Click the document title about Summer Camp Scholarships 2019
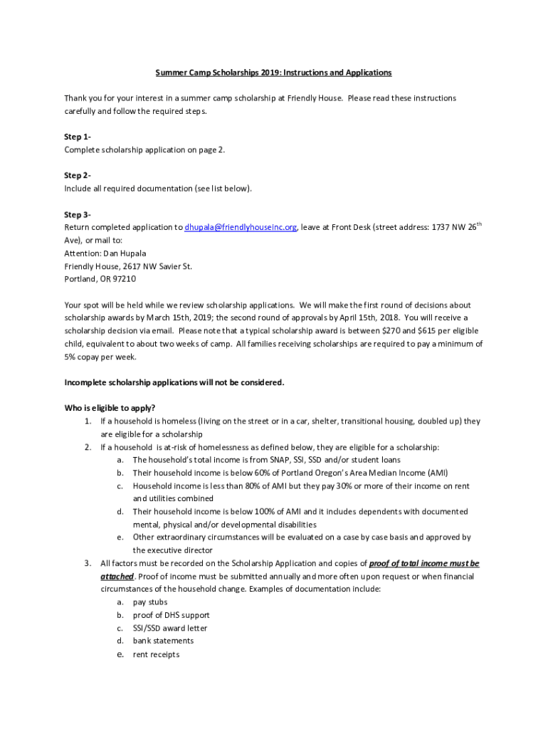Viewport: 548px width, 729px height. (x=274, y=73)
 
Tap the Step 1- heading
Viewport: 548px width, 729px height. (x=77, y=137)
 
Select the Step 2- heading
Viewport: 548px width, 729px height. (x=77, y=176)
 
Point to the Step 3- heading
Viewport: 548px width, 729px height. (x=77, y=214)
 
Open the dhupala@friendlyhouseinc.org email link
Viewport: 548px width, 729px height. (x=241, y=228)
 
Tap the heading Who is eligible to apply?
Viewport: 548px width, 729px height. (x=110, y=408)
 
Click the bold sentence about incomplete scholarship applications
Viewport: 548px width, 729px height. (x=174, y=382)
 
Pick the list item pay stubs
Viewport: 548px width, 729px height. (x=150, y=602)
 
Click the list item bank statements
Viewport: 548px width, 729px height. (x=163, y=641)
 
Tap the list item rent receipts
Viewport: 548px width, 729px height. (x=156, y=654)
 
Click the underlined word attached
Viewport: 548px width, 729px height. (x=117, y=577)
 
